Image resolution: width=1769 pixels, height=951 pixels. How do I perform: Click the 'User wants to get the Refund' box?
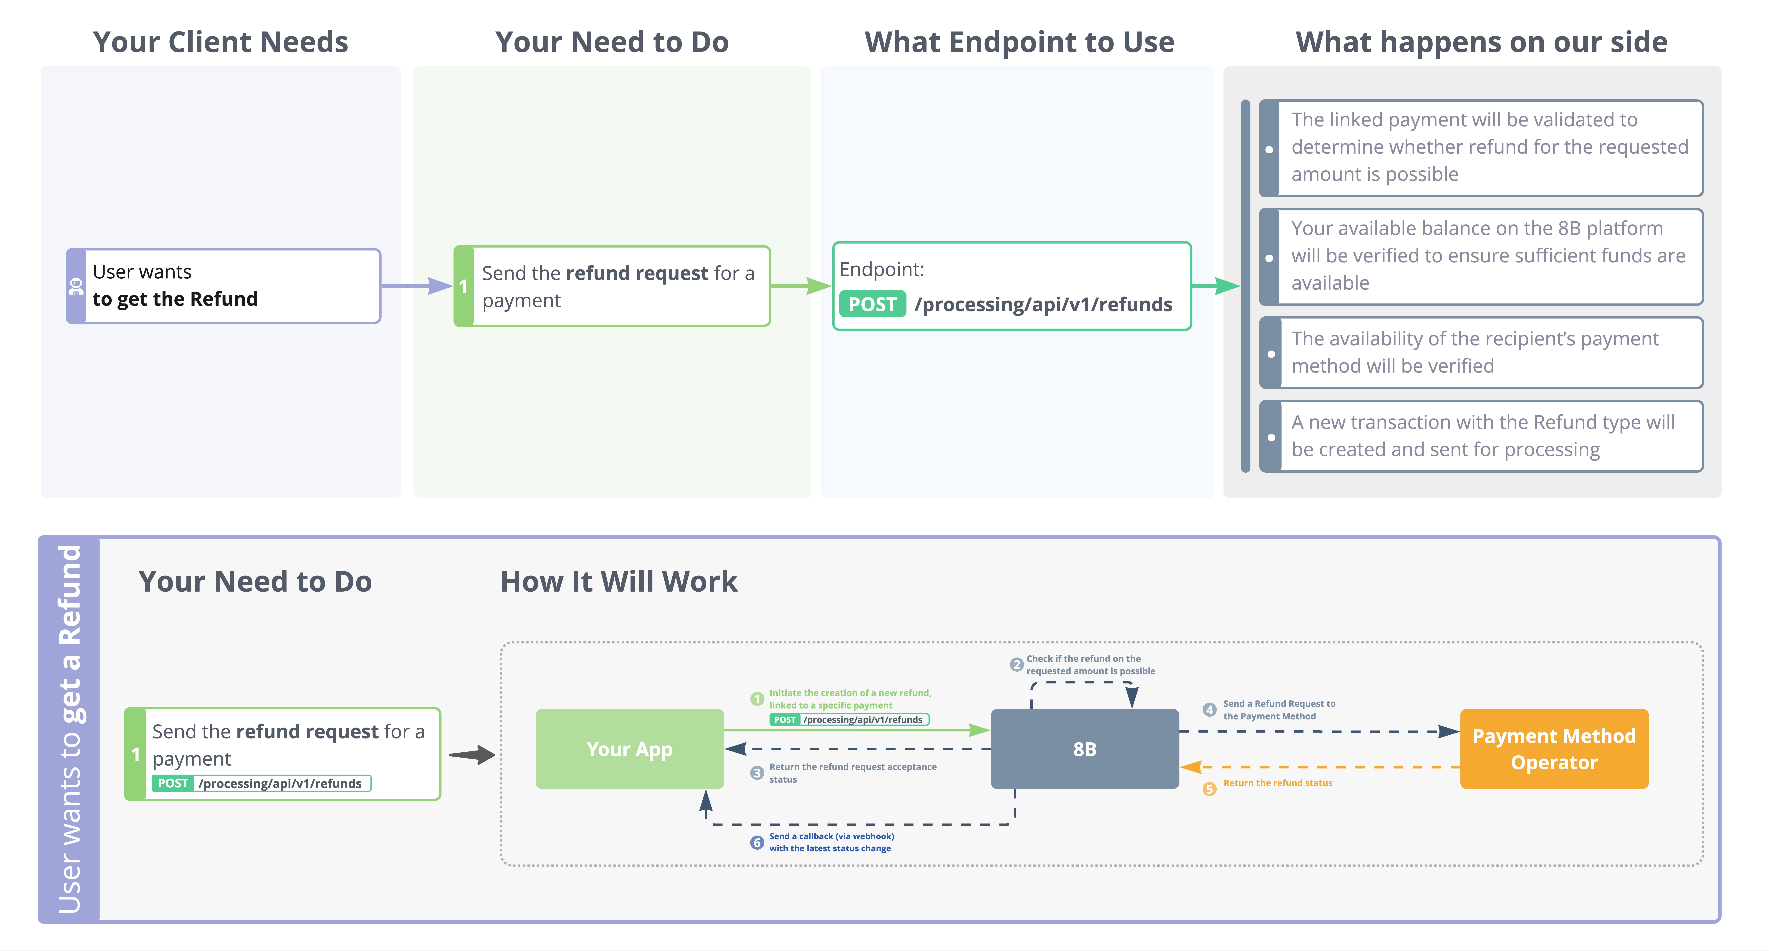pyautogui.click(x=223, y=286)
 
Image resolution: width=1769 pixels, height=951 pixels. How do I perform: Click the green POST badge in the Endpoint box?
pyautogui.click(x=872, y=304)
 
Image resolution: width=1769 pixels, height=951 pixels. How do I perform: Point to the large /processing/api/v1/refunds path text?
pyautogui.click(x=1043, y=304)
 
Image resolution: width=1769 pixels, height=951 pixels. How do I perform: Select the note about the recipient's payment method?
pyautogui.click(x=1481, y=352)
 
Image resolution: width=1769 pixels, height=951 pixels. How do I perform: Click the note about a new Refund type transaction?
pyautogui.click(x=1481, y=436)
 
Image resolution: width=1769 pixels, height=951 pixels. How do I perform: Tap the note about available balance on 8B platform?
pyautogui.click(x=1481, y=256)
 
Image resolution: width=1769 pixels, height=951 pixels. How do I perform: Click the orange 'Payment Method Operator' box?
pyautogui.click(x=1554, y=748)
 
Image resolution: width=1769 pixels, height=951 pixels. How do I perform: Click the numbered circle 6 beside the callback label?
pyautogui.click(x=757, y=842)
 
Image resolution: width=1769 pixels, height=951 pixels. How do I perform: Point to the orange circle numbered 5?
pyautogui.click(x=1209, y=789)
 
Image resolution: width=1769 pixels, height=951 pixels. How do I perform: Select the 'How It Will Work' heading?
pyautogui.click(x=619, y=582)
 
